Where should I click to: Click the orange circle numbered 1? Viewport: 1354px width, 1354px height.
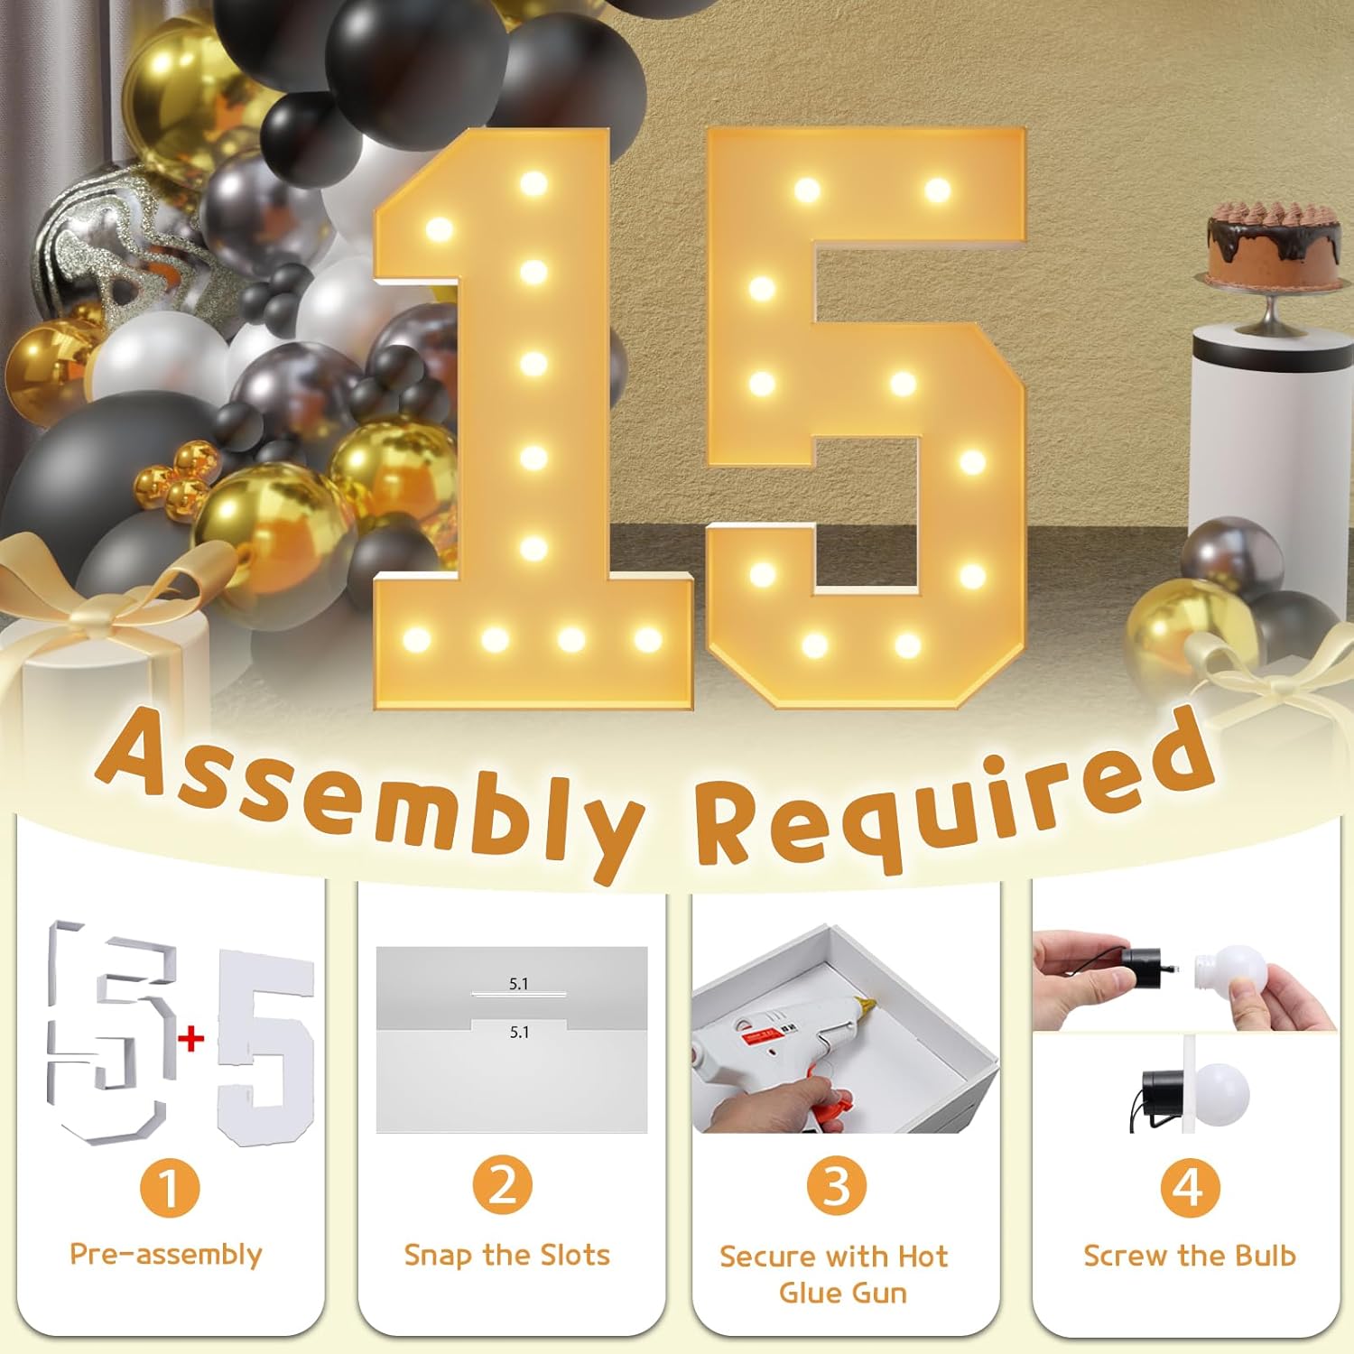tap(170, 1188)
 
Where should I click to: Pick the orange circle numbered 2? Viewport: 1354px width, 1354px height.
tap(504, 1185)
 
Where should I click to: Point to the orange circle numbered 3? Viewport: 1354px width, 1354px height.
tap(837, 1186)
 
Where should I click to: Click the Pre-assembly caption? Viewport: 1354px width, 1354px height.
tap(166, 1255)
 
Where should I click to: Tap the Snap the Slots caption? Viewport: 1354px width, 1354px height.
tap(506, 1255)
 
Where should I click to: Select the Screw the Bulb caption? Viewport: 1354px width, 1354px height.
tap(1189, 1256)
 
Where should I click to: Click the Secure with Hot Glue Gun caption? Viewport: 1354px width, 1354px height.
tap(834, 1274)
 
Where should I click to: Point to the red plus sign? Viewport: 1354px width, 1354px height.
tap(191, 1039)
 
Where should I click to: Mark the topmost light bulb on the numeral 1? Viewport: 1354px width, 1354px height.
tap(533, 184)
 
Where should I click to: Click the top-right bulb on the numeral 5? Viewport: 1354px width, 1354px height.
tap(937, 190)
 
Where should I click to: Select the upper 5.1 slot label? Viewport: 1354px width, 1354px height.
tap(518, 984)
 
